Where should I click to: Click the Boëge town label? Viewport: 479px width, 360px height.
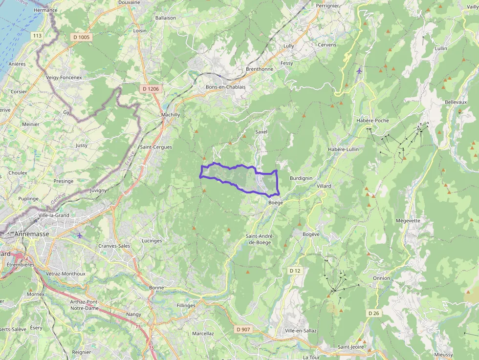pos(276,203)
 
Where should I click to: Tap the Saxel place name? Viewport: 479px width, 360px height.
pos(261,132)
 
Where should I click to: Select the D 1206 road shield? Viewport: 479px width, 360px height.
pos(150,89)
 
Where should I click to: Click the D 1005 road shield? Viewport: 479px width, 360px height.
pos(82,37)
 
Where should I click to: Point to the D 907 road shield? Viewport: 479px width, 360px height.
pos(243,329)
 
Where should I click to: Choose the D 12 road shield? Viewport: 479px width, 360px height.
pos(295,271)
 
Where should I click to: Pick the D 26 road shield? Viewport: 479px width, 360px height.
pos(373,313)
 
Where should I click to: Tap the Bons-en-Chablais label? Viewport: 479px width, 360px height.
pos(225,87)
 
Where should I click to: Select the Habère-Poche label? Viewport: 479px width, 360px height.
pos(372,121)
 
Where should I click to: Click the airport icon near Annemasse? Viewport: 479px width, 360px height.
pos(80,235)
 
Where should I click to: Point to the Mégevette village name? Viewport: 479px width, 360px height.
pos(408,220)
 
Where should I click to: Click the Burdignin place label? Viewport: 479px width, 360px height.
pos(301,178)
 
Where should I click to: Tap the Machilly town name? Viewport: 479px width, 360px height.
pos(171,115)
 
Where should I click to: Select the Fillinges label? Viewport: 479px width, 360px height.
pos(186,306)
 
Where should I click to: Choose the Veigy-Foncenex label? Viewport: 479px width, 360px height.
pos(64,77)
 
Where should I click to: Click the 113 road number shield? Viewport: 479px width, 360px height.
pos(37,36)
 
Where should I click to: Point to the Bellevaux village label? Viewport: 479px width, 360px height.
pos(456,102)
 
